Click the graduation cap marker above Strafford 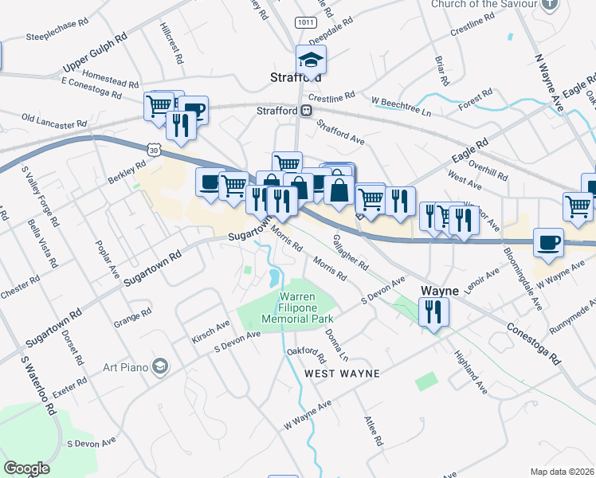point(311,60)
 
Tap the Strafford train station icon point(305,112)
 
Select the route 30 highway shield point(153,149)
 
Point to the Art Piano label point(127,366)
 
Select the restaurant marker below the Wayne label point(433,311)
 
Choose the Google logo point(27,468)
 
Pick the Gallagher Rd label point(351,251)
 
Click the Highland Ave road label point(470,373)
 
